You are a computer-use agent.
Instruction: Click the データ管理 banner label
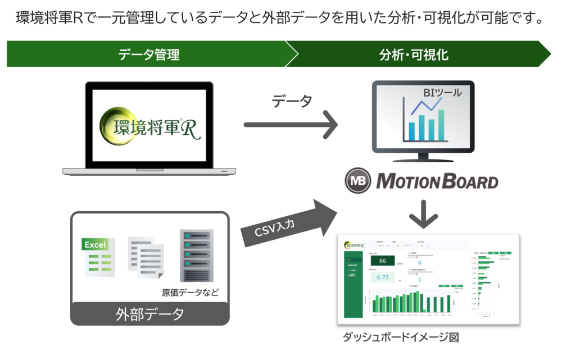pos(149,54)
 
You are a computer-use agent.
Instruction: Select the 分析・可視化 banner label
pos(414,54)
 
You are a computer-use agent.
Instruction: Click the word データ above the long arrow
pos(292,102)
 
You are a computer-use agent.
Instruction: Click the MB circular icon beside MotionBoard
pos(358,181)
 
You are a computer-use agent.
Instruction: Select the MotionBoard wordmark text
pos(437,181)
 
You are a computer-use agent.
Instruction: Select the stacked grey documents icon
pos(146,256)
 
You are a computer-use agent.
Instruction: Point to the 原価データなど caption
pos(190,293)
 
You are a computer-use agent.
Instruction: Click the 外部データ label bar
pos(150,313)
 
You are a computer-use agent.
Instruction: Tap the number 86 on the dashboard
pos(383,261)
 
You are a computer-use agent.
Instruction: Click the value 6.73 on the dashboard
pos(383,277)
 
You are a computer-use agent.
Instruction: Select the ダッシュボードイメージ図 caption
pos(401,338)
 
